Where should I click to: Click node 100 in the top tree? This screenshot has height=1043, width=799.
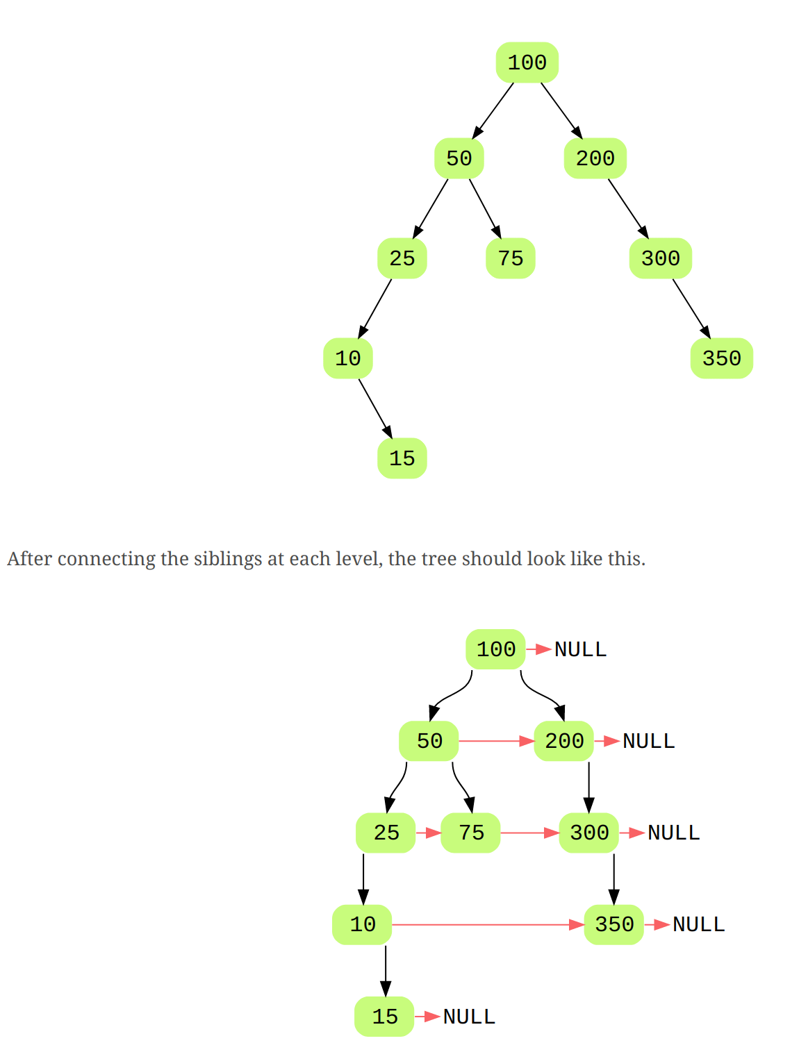[527, 62]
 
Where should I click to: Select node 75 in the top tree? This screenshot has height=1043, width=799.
[510, 258]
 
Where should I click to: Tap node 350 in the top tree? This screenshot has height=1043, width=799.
[721, 358]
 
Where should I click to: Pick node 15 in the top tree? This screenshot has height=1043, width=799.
[402, 458]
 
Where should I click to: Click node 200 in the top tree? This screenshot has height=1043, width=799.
[595, 158]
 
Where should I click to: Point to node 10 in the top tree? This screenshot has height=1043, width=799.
[347, 358]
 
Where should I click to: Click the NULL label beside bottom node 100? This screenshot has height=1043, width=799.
[580, 649]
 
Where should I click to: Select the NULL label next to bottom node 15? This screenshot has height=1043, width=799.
[469, 1017]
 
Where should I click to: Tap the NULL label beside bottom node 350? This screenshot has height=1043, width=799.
[698, 924]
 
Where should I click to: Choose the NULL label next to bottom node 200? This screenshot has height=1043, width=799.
[648, 741]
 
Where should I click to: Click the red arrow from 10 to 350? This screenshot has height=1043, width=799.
[486, 924]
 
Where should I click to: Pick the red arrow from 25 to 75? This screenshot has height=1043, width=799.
[428, 833]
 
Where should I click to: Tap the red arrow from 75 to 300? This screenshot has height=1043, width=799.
[529, 833]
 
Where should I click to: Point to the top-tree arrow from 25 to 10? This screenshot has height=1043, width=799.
[374, 308]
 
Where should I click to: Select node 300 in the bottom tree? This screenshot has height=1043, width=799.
[589, 833]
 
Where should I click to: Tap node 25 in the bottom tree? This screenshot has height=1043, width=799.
[386, 833]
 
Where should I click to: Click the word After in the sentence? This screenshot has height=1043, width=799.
[30, 559]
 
